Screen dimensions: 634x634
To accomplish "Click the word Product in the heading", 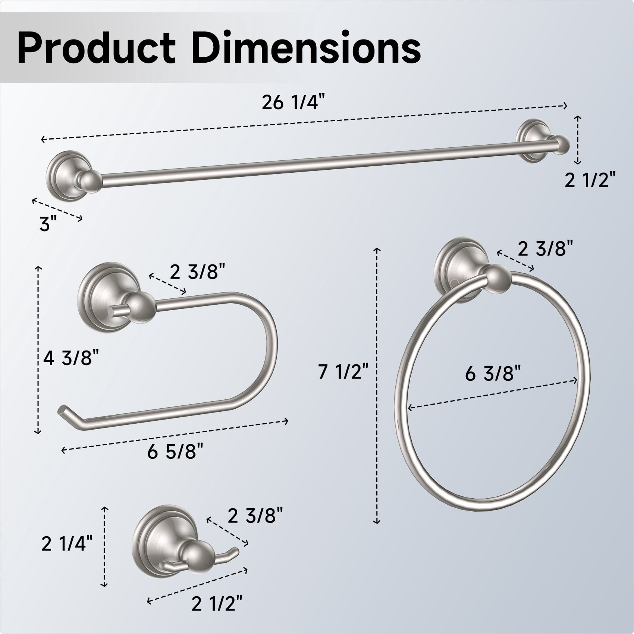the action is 96,48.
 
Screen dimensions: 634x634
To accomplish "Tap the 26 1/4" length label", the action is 291,103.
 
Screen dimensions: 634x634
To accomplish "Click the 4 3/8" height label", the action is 71,359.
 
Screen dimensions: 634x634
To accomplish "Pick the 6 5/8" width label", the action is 175,452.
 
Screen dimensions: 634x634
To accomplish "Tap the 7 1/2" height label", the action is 343,371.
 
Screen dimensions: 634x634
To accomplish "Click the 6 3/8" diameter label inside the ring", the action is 493,373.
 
